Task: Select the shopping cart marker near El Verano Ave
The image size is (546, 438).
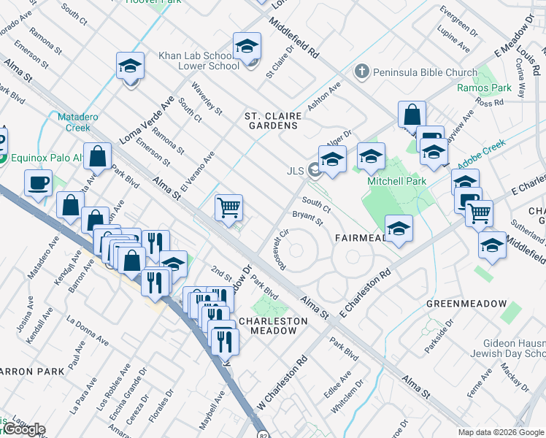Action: [229, 207]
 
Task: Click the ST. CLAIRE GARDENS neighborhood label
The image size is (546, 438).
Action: [271, 120]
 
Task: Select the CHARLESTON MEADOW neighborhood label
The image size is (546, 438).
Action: [269, 326]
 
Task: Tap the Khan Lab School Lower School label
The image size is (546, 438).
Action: [199, 61]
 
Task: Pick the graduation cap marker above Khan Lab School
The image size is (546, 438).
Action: [247, 46]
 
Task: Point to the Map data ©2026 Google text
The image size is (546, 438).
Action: [501, 432]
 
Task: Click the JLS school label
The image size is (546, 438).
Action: [295, 172]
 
